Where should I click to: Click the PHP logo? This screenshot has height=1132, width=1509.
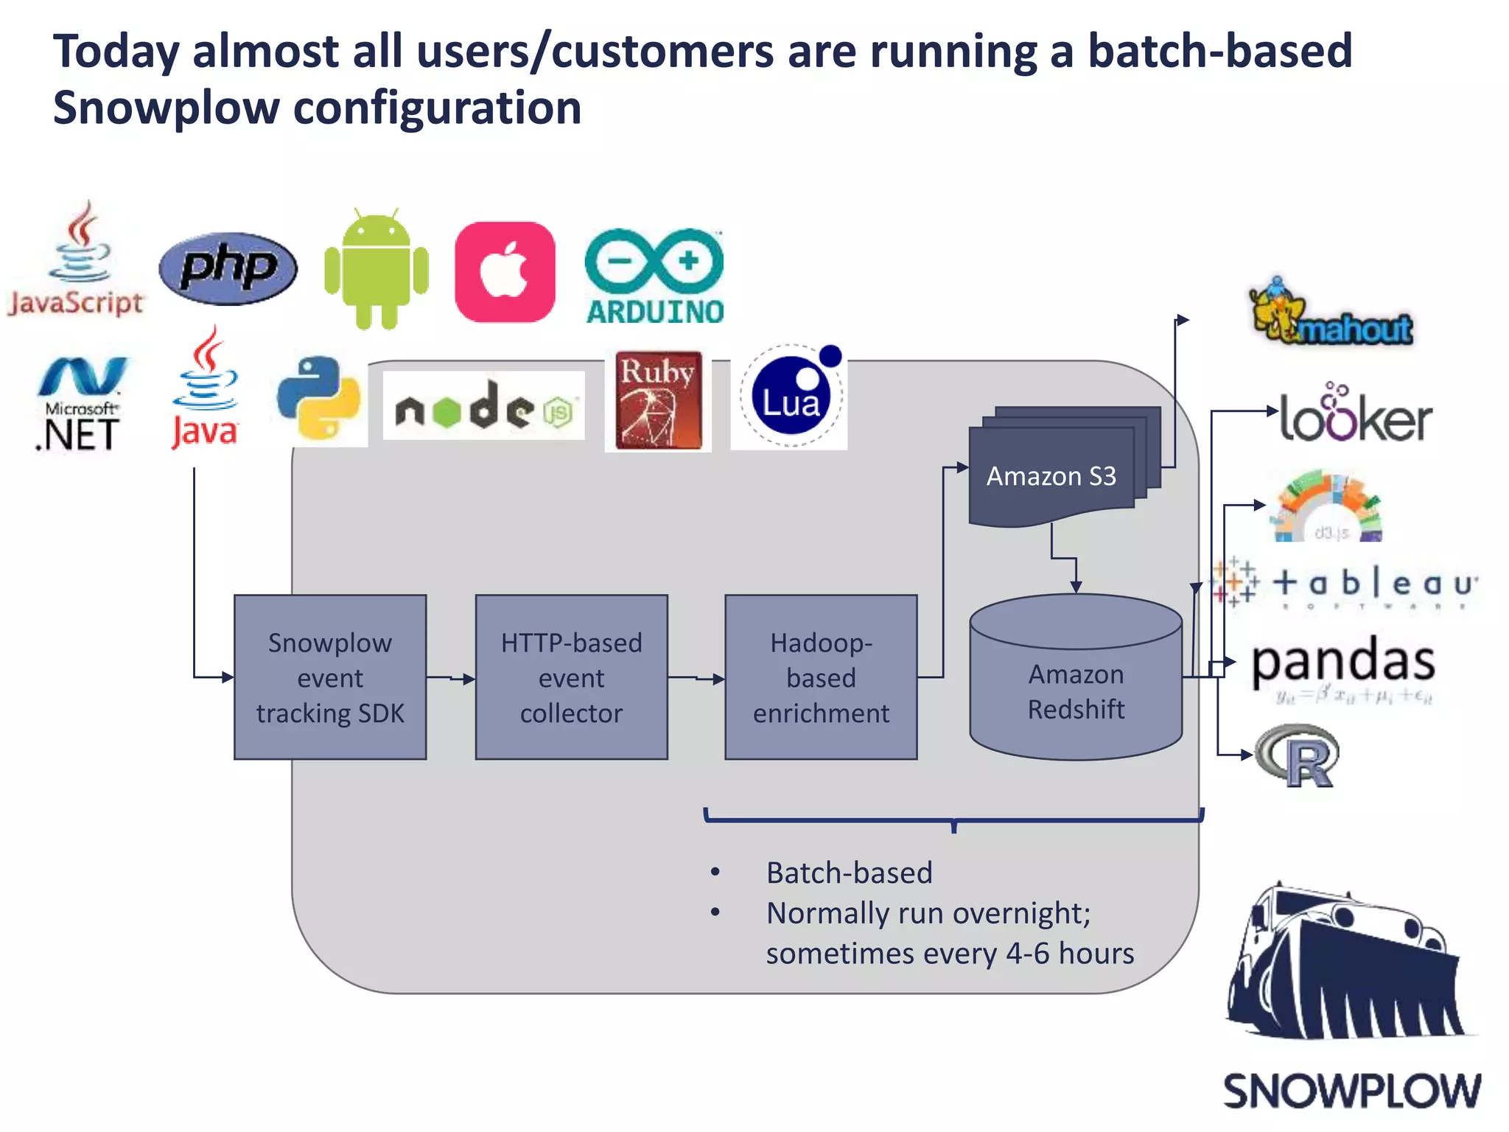tap(228, 268)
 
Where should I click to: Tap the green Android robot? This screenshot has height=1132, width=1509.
tap(376, 270)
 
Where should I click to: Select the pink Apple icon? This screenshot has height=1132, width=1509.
tap(505, 272)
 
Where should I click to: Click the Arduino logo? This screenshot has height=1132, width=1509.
tap(654, 277)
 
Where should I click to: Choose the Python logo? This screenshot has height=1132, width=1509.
tap(318, 398)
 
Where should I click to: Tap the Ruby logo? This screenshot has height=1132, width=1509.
tap(658, 400)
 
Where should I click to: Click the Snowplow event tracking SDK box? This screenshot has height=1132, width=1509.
tap(330, 677)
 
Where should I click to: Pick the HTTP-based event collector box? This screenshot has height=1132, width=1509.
tap(571, 677)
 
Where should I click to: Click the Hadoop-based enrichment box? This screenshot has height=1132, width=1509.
tap(821, 677)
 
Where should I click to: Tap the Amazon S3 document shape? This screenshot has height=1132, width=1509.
tap(1052, 475)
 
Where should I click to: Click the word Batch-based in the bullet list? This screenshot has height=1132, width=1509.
tap(849, 873)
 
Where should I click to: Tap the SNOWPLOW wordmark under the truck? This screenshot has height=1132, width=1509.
tap(1351, 1091)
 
